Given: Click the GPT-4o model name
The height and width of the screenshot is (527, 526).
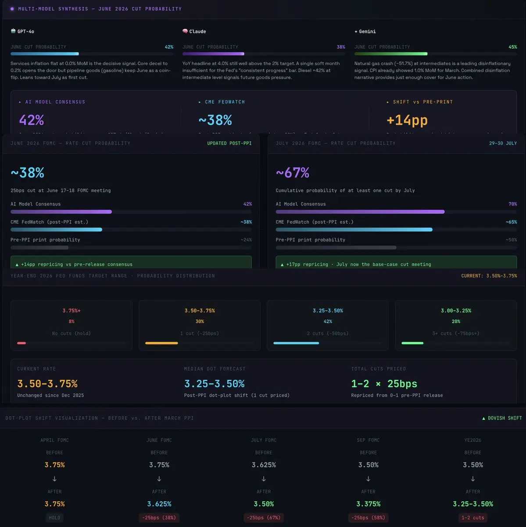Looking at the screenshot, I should [25, 32].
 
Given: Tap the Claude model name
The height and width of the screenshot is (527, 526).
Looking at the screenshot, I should [197, 32].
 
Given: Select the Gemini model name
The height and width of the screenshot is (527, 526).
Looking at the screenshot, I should [367, 32].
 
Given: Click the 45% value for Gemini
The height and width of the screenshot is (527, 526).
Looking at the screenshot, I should [512, 47].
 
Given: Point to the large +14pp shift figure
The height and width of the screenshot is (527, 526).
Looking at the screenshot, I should [407, 120].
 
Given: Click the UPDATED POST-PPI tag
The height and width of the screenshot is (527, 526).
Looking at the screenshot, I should [229, 143].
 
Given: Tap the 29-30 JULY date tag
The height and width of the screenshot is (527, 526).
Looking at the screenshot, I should [503, 143].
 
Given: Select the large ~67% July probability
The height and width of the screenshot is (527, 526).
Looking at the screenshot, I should [293, 173].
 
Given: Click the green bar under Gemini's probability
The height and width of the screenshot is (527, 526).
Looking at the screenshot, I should [391, 54].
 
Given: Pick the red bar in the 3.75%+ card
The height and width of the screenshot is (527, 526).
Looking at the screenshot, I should [21, 343].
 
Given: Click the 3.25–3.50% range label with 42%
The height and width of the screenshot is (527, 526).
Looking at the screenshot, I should [328, 310].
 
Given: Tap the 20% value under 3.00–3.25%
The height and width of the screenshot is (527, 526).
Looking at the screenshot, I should [456, 321].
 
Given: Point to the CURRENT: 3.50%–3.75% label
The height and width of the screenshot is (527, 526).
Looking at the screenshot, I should [489, 276].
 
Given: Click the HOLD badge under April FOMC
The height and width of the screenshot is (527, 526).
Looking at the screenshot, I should [54, 518].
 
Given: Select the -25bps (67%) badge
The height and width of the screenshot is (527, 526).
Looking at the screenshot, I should [264, 518].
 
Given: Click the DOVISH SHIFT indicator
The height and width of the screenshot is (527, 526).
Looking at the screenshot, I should [502, 418].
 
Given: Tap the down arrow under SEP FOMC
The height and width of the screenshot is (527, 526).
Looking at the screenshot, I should [368, 479].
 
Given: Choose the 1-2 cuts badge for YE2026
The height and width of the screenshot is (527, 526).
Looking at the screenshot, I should [472, 518].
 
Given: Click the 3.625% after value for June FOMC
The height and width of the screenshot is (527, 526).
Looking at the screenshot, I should [159, 504].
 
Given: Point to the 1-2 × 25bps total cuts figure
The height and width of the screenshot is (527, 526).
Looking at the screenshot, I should [384, 384].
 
